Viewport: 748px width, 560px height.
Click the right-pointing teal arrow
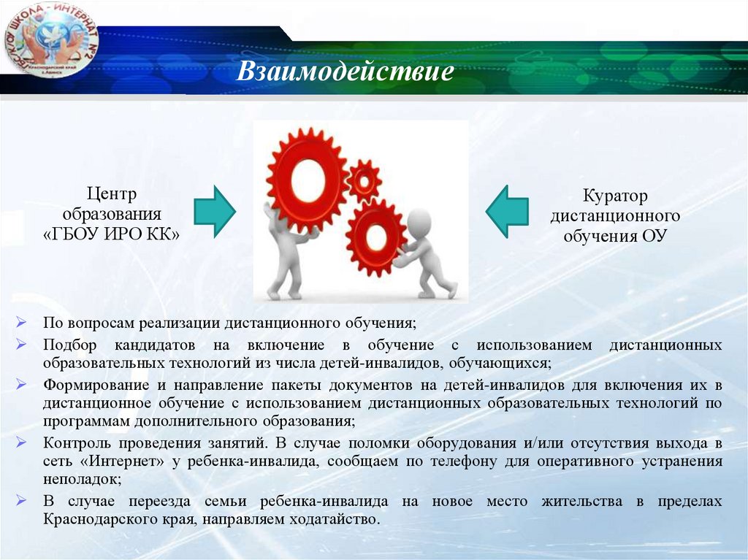[x=214, y=210]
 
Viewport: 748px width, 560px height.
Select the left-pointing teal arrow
[x=508, y=210]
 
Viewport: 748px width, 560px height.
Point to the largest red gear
[x=307, y=173]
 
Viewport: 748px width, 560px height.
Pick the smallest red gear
[x=363, y=180]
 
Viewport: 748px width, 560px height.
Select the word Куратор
[x=615, y=196]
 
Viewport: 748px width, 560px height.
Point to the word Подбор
[x=67, y=345]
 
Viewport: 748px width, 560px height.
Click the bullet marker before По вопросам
[x=23, y=322]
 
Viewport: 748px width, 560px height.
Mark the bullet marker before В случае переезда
[x=23, y=502]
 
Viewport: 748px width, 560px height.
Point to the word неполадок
[x=81, y=480]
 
